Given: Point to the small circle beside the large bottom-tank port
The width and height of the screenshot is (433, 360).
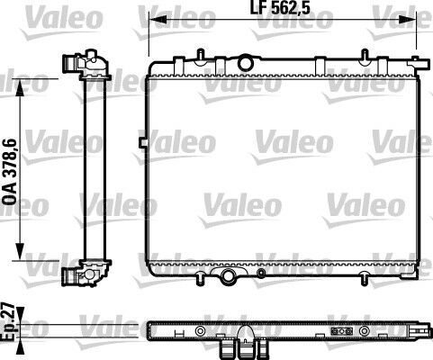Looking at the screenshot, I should click(x=261, y=271).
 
